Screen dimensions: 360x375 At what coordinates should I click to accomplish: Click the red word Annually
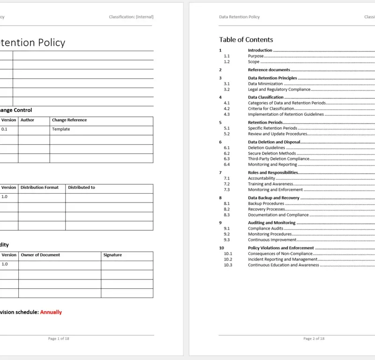pyautogui.click(x=51, y=312)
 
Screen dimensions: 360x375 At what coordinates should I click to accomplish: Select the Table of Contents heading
pyautogui.click(x=246, y=40)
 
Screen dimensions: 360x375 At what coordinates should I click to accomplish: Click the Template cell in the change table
pyautogui.click(x=61, y=129)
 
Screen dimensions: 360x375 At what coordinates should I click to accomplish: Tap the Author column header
pyautogui.click(x=27, y=120)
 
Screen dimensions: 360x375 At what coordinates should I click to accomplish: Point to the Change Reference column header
pyautogui.click(x=69, y=120)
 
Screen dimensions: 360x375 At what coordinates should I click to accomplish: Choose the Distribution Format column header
pyautogui.click(x=39, y=187)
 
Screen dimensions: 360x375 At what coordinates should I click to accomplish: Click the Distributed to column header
pyautogui.click(x=82, y=187)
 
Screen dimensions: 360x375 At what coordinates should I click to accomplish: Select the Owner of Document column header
pyautogui.click(x=40, y=255)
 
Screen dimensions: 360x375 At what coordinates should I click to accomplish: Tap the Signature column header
pyautogui.click(x=112, y=255)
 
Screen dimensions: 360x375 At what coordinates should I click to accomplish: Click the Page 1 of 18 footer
pyautogui.click(x=59, y=338)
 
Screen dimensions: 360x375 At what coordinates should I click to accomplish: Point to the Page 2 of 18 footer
pyautogui.click(x=314, y=338)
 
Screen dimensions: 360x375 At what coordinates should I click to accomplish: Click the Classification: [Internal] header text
pyautogui.click(x=131, y=17)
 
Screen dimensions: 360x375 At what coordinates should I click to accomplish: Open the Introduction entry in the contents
pyautogui.click(x=260, y=50)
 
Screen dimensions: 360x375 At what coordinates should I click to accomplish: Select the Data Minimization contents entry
pyautogui.click(x=265, y=84)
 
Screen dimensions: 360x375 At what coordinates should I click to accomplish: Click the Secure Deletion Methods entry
pyautogui.click(x=272, y=153)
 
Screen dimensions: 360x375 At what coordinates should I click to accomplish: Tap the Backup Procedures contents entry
pyautogui.click(x=266, y=204)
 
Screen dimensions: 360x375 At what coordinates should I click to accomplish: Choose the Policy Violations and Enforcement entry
pyautogui.click(x=281, y=248)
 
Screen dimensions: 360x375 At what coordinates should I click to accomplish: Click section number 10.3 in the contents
pyautogui.click(x=228, y=265)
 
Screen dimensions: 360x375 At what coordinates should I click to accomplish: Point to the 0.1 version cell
pyautogui.click(x=5, y=129)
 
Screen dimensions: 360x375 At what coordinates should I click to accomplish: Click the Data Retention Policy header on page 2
pyautogui.click(x=239, y=17)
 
